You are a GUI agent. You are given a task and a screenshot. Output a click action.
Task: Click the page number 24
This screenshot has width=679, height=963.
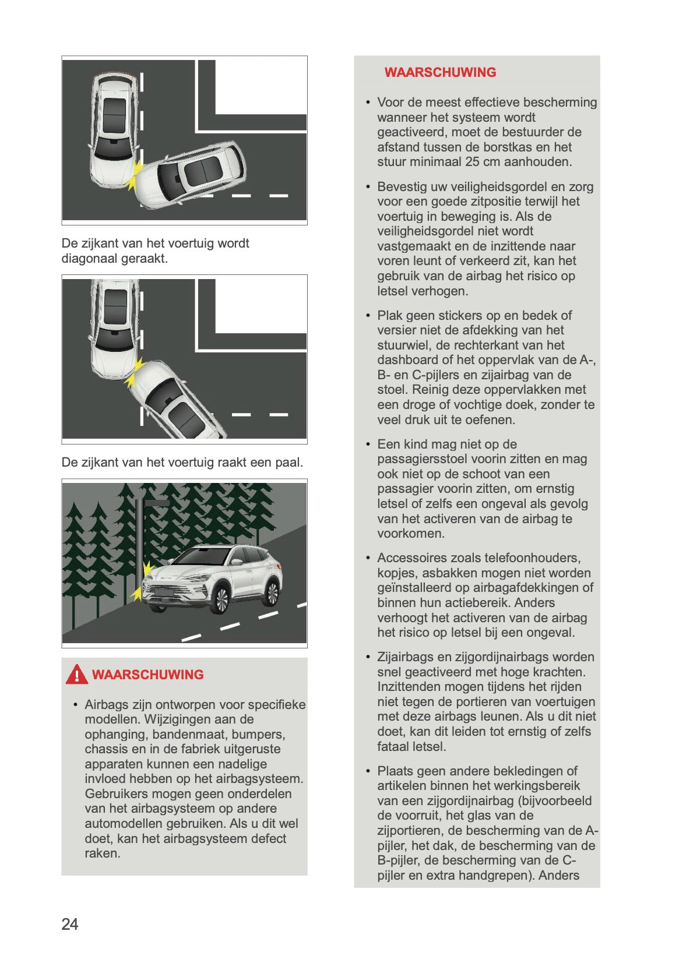pos(69,924)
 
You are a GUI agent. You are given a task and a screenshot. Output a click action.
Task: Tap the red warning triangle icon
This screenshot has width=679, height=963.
pos(76,675)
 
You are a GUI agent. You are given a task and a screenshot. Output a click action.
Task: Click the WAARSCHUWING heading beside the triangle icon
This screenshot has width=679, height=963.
pos(147,675)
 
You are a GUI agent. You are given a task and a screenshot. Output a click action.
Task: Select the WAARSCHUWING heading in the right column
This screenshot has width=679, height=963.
pos(440,72)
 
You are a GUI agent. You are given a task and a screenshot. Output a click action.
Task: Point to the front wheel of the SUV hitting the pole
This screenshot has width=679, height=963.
pos(219,601)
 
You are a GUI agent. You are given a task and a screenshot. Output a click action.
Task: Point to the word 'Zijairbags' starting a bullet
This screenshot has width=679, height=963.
pos(405,657)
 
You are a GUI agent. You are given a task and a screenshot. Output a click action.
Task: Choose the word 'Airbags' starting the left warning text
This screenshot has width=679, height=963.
pos(107,705)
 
